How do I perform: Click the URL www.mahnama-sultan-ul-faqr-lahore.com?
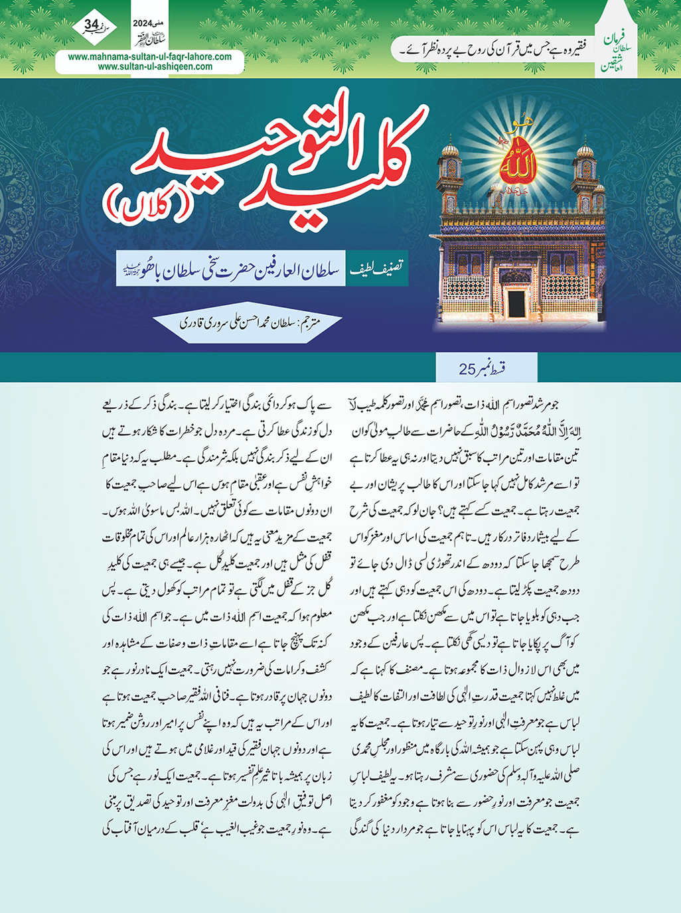(150, 57)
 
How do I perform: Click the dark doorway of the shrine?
(516, 303)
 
